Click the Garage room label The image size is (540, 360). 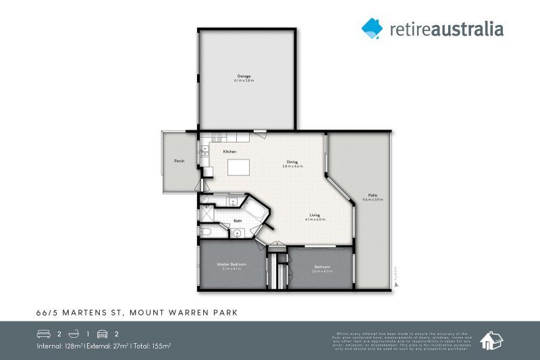pyautogui.click(x=244, y=76)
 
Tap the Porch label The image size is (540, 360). pyautogui.click(x=179, y=161)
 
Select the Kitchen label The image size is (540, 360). pyautogui.click(x=230, y=151)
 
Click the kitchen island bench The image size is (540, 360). pyautogui.click(x=238, y=166)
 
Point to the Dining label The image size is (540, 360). pyautogui.click(x=292, y=162)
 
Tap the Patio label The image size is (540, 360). pyautogui.click(x=373, y=195)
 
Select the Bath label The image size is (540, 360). pyautogui.click(x=238, y=220)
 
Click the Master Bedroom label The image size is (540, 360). pyautogui.click(x=231, y=263)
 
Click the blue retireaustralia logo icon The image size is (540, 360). pyautogui.click(x=372, y=28)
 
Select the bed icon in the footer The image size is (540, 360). pyautogui.click(x=43, y=334)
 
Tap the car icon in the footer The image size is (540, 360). pyautogui.click(x=103, y=334)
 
